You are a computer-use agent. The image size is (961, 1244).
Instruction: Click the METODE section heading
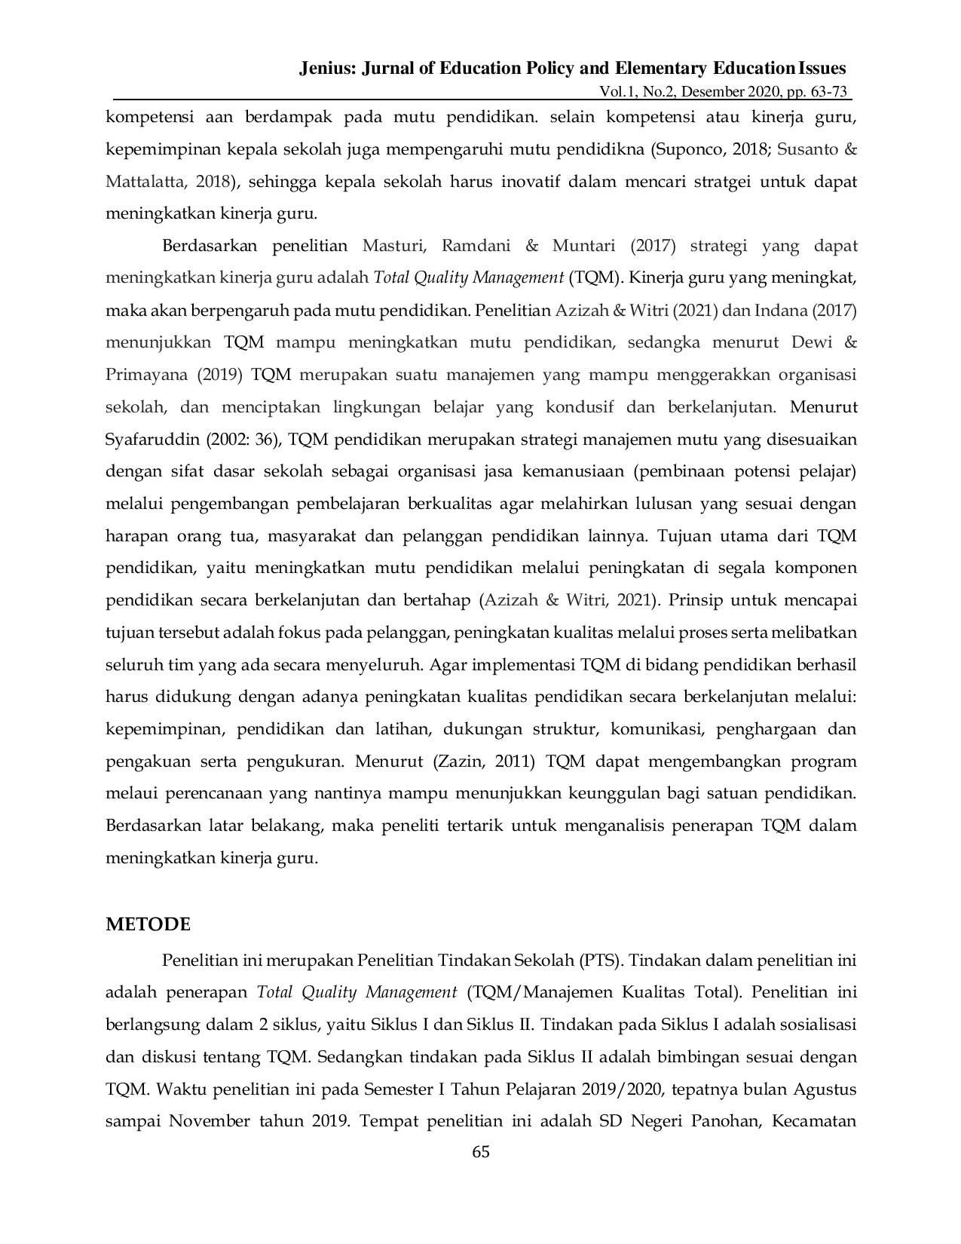point(148,924)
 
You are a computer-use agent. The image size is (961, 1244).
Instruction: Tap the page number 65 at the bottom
point(481,1152)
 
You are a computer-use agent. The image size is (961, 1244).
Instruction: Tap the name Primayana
point(146,375)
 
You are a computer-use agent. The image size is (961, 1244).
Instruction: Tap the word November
point(209,1121)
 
